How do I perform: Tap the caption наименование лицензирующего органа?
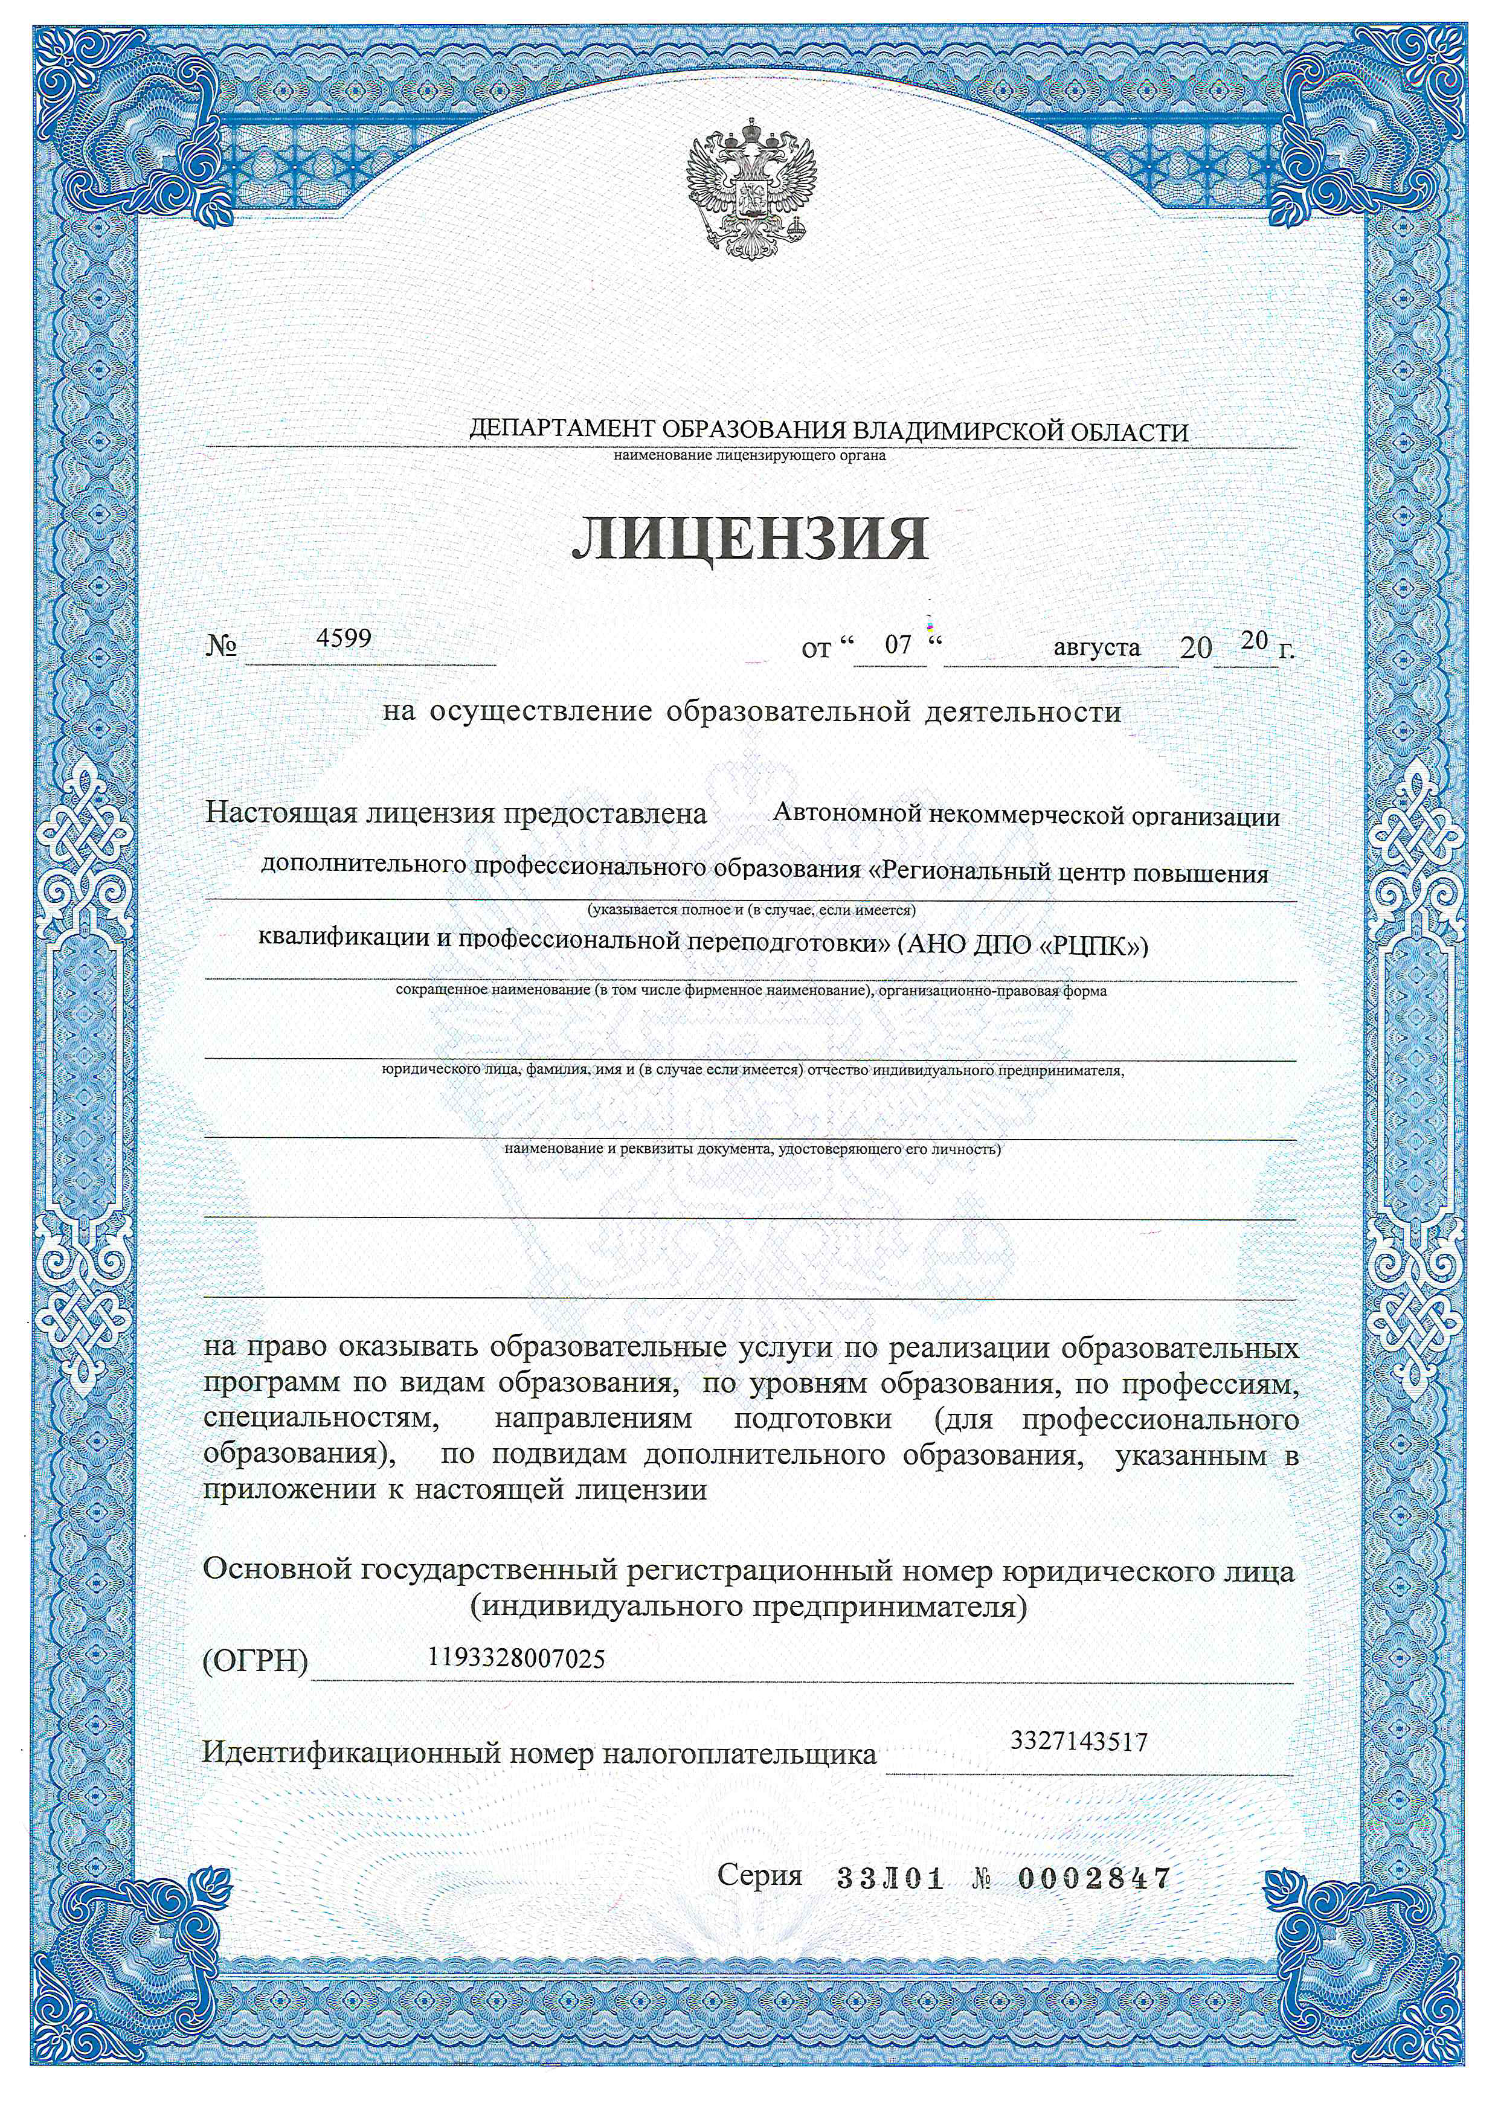[x=748, y=456]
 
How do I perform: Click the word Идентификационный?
[x=352, y=1753]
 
